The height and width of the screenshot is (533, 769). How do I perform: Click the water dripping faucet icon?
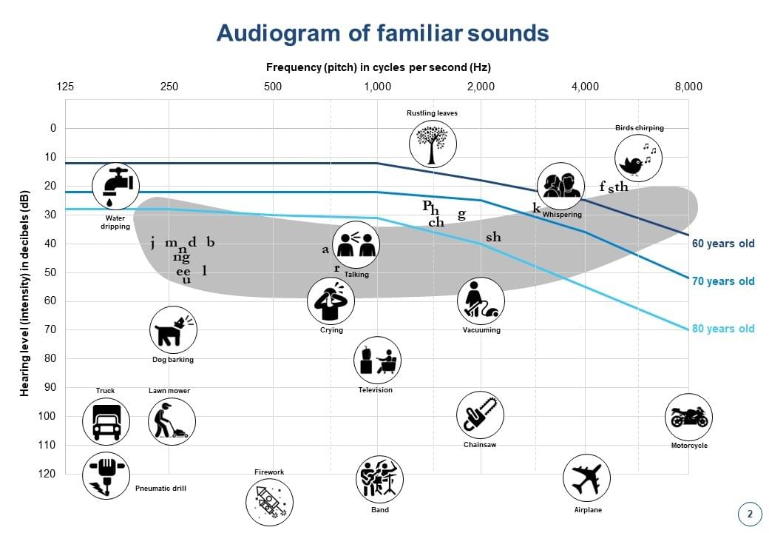coord(116,186)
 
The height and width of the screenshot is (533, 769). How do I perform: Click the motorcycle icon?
coord(688,417)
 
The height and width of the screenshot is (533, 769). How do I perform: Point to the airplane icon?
coord(586,478)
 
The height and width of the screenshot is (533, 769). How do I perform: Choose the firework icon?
coord(269,502)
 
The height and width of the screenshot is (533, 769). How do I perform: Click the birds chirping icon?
coord(638,158)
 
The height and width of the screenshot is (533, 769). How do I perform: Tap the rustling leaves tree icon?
coord(433,143)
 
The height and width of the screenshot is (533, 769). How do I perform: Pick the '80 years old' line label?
coord(723,329)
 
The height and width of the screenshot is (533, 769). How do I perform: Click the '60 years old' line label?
coord(723,244)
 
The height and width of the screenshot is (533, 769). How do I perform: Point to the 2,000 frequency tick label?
coord(481,87)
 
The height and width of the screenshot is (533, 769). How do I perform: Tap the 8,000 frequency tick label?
coord(688,87)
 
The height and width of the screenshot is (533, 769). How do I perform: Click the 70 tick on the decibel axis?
coord(51,329)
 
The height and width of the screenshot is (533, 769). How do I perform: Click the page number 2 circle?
coord(750,514)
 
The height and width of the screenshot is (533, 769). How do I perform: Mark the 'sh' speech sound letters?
coord(493,238)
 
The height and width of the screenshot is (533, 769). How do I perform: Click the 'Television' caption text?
coord(376,390)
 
